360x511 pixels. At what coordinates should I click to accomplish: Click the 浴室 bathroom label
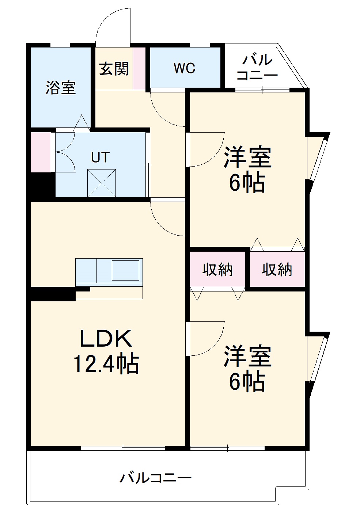[60, 88]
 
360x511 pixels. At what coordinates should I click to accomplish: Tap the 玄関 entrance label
[114, 69]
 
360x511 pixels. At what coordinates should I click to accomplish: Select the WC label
[185, 68]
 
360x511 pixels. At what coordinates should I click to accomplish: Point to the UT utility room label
[100, 157]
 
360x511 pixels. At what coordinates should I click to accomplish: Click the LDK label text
[106, 339]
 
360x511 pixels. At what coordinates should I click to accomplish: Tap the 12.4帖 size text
[106, 364]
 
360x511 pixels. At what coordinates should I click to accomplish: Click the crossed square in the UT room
[102, 183]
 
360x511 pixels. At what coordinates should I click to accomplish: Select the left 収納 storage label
[218, 270]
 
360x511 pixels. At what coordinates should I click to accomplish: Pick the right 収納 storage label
[277, 270]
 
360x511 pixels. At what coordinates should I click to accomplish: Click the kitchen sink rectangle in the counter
[125, 270]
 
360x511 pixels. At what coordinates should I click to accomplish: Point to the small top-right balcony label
[257, 68]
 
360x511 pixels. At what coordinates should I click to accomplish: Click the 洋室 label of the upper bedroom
[247, 157]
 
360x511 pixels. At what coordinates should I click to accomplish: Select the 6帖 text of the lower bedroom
[247, 382]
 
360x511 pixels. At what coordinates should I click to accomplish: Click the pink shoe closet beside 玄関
[139, 68]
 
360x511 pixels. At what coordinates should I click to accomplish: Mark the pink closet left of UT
[41, 152]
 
